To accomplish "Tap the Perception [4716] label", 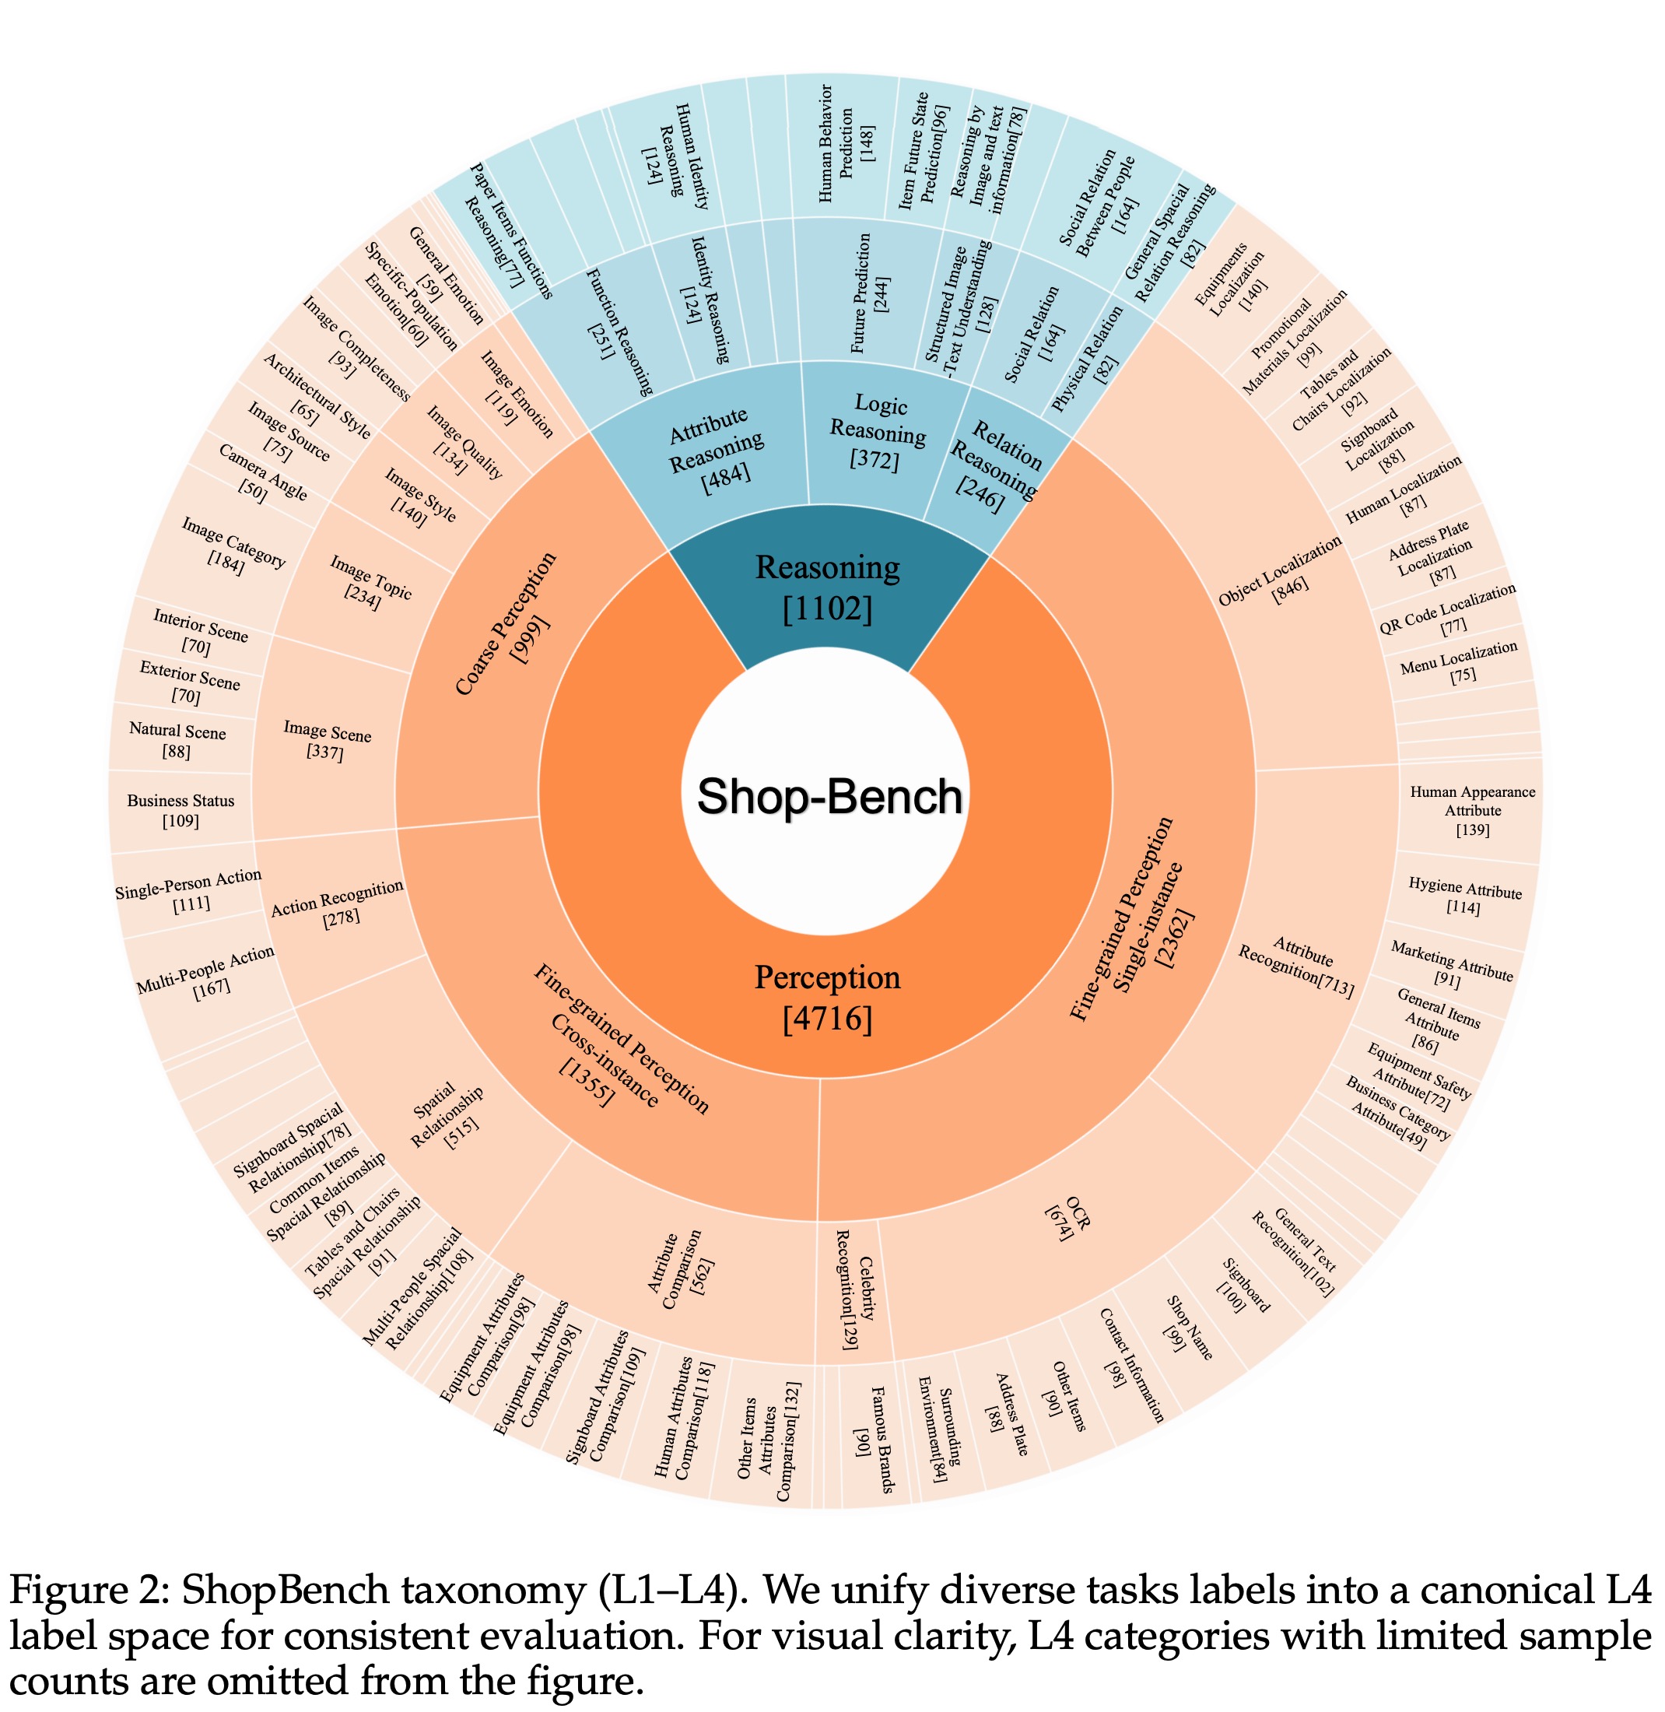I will [x=827, y=998].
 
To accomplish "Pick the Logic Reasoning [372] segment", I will [x=878, y=432].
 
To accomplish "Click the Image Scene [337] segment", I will [x=326, y=740].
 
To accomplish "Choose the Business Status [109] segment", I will [x=181, y=810].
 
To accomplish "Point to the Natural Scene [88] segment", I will [x=177, y=740].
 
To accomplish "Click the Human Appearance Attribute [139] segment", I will [x=1472, y=810].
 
